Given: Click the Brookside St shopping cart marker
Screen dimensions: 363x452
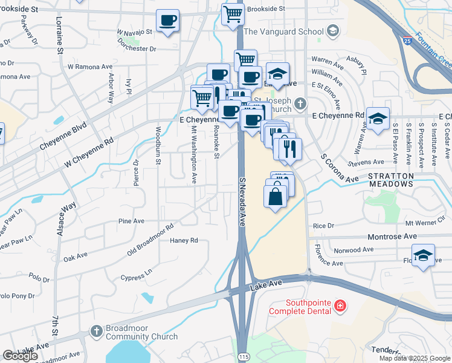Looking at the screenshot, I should click(233, 13).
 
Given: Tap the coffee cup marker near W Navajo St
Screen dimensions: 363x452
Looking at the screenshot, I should click(167, 21).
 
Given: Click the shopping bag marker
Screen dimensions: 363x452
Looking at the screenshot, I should click(276, 196).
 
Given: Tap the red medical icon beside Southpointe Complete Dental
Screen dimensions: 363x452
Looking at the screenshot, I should click(340, 307).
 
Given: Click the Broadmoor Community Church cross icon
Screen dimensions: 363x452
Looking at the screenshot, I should click(95, 330).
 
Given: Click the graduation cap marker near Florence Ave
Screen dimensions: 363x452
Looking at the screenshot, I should click(423, 255).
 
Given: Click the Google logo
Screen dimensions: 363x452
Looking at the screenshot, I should click(21, 356).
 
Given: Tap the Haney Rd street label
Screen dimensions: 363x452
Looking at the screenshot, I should click(184, 240).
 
